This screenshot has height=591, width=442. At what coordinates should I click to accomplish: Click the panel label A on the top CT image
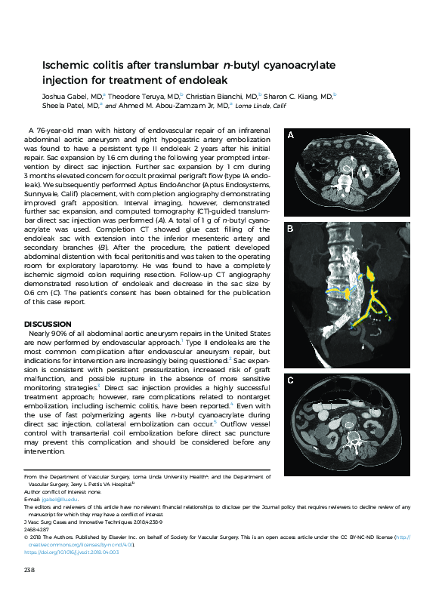(291, 135)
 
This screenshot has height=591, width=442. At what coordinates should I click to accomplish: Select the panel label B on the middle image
(291, 226)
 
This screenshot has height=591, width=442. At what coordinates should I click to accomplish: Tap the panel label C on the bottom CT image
(291, 380)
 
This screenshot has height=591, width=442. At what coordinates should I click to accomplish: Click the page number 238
(30, 568)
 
